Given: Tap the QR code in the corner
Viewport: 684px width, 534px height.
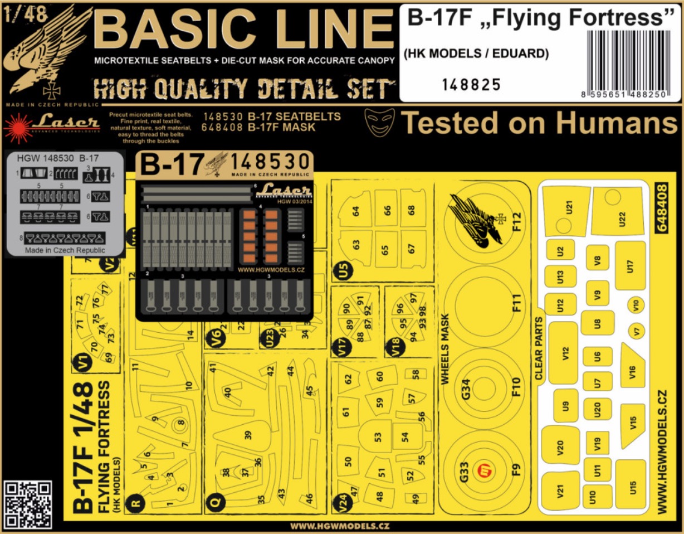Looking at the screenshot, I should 28,504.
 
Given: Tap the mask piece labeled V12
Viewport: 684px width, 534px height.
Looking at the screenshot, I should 563,352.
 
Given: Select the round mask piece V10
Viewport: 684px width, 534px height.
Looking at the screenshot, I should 636,304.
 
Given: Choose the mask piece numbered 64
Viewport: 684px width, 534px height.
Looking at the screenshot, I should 355,211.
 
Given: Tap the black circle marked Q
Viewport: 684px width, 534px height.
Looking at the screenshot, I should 213,502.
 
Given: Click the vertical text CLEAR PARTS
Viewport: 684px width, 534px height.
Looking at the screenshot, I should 539,348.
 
